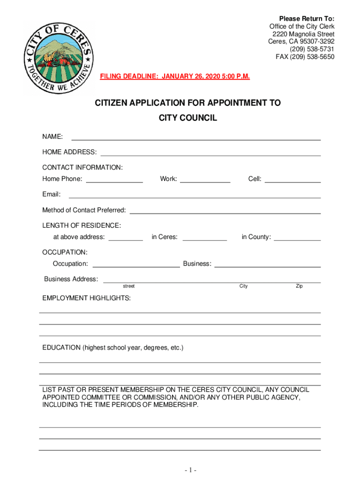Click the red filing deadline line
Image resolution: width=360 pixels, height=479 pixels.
(175, 76)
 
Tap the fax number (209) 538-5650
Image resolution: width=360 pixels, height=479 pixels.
(305, 57)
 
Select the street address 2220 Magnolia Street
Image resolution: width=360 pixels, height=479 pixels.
(303, 34)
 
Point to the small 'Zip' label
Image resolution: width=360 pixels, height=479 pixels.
(299, 286)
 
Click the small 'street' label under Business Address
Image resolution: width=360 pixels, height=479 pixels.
(129, 286)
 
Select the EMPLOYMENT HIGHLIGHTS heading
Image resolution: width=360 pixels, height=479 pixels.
(86, 298)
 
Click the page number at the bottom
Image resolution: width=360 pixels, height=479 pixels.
(190, 470)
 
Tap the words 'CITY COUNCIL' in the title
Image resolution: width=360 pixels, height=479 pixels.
(188, 118)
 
